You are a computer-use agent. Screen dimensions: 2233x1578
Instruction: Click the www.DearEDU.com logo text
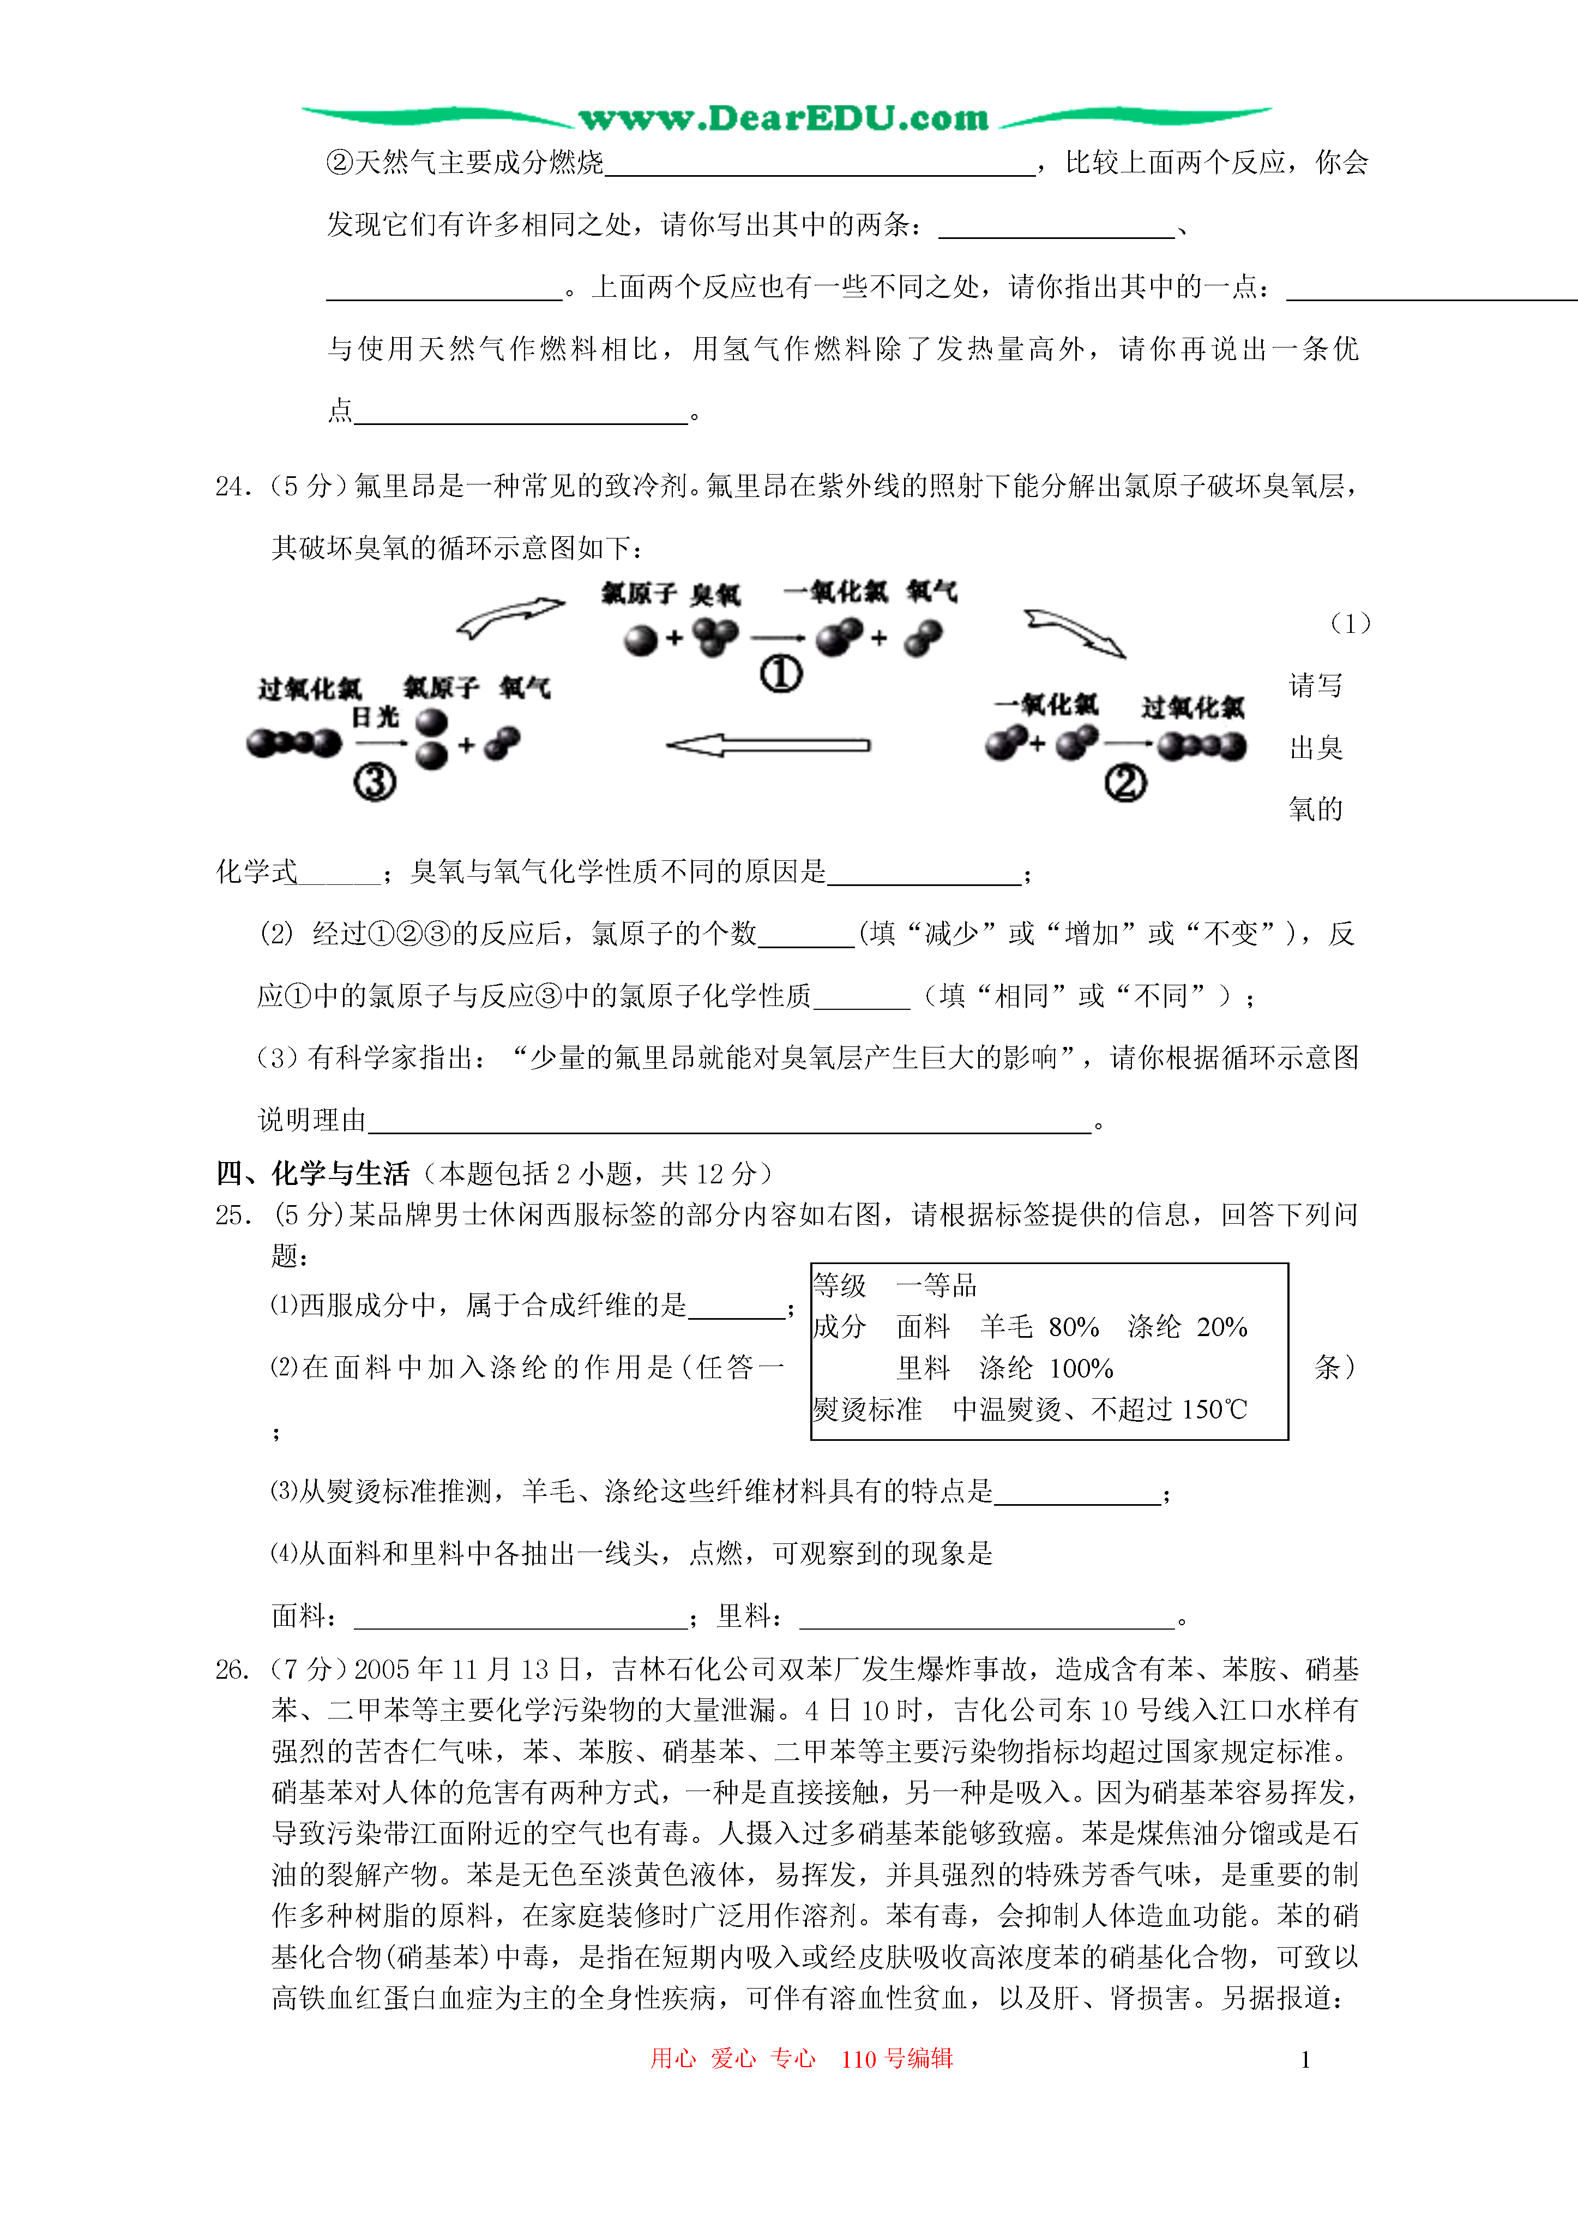point(784,118)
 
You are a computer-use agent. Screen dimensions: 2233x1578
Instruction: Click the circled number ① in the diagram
point(781,673)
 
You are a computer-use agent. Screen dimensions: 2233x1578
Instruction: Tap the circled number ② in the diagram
point(1125,783)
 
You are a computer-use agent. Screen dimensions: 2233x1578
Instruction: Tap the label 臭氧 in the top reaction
point(715,594)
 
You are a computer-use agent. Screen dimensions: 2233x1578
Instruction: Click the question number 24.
point(233,486)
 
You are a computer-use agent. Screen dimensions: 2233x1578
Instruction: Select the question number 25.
point(233,1215)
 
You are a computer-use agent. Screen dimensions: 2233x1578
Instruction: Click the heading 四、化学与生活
point(313,1174)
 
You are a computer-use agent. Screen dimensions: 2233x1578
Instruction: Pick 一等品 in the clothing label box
point(936,1286)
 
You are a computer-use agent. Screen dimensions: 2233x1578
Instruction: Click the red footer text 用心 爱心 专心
point(733,2058)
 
